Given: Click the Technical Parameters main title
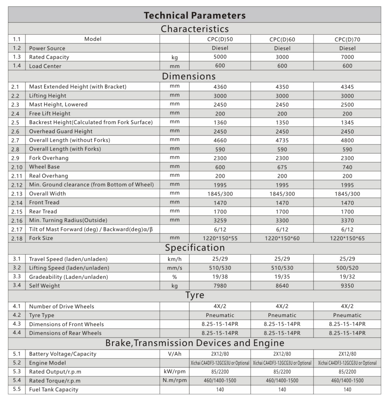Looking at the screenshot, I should [194, 15].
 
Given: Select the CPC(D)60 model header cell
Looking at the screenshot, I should [282, 39].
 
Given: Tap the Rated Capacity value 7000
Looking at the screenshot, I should [347, 57].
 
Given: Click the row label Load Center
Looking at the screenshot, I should [45, 66].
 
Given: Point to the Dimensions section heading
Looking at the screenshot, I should [189, 76].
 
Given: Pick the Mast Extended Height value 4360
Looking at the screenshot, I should [220, 87].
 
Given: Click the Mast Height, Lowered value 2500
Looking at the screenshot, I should [347, 105].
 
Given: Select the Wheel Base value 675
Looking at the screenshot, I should [282, 167].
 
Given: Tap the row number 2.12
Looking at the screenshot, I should [17, 185].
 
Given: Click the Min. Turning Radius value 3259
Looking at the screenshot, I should [220, 221].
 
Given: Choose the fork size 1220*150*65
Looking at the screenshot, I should [347, 238].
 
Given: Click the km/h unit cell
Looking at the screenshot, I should [174, 259].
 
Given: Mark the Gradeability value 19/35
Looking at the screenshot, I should [282, 277].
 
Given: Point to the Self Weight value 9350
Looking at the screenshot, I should [347, 286].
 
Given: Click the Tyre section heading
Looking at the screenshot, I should [194, 295].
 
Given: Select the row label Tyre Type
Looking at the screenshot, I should [42, 315].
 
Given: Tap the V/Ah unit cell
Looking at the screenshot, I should [174, 354].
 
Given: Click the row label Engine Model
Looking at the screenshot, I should [47, 363].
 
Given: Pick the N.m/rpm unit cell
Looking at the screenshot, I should [174, 381].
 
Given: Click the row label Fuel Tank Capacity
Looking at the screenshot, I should [53, 390].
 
